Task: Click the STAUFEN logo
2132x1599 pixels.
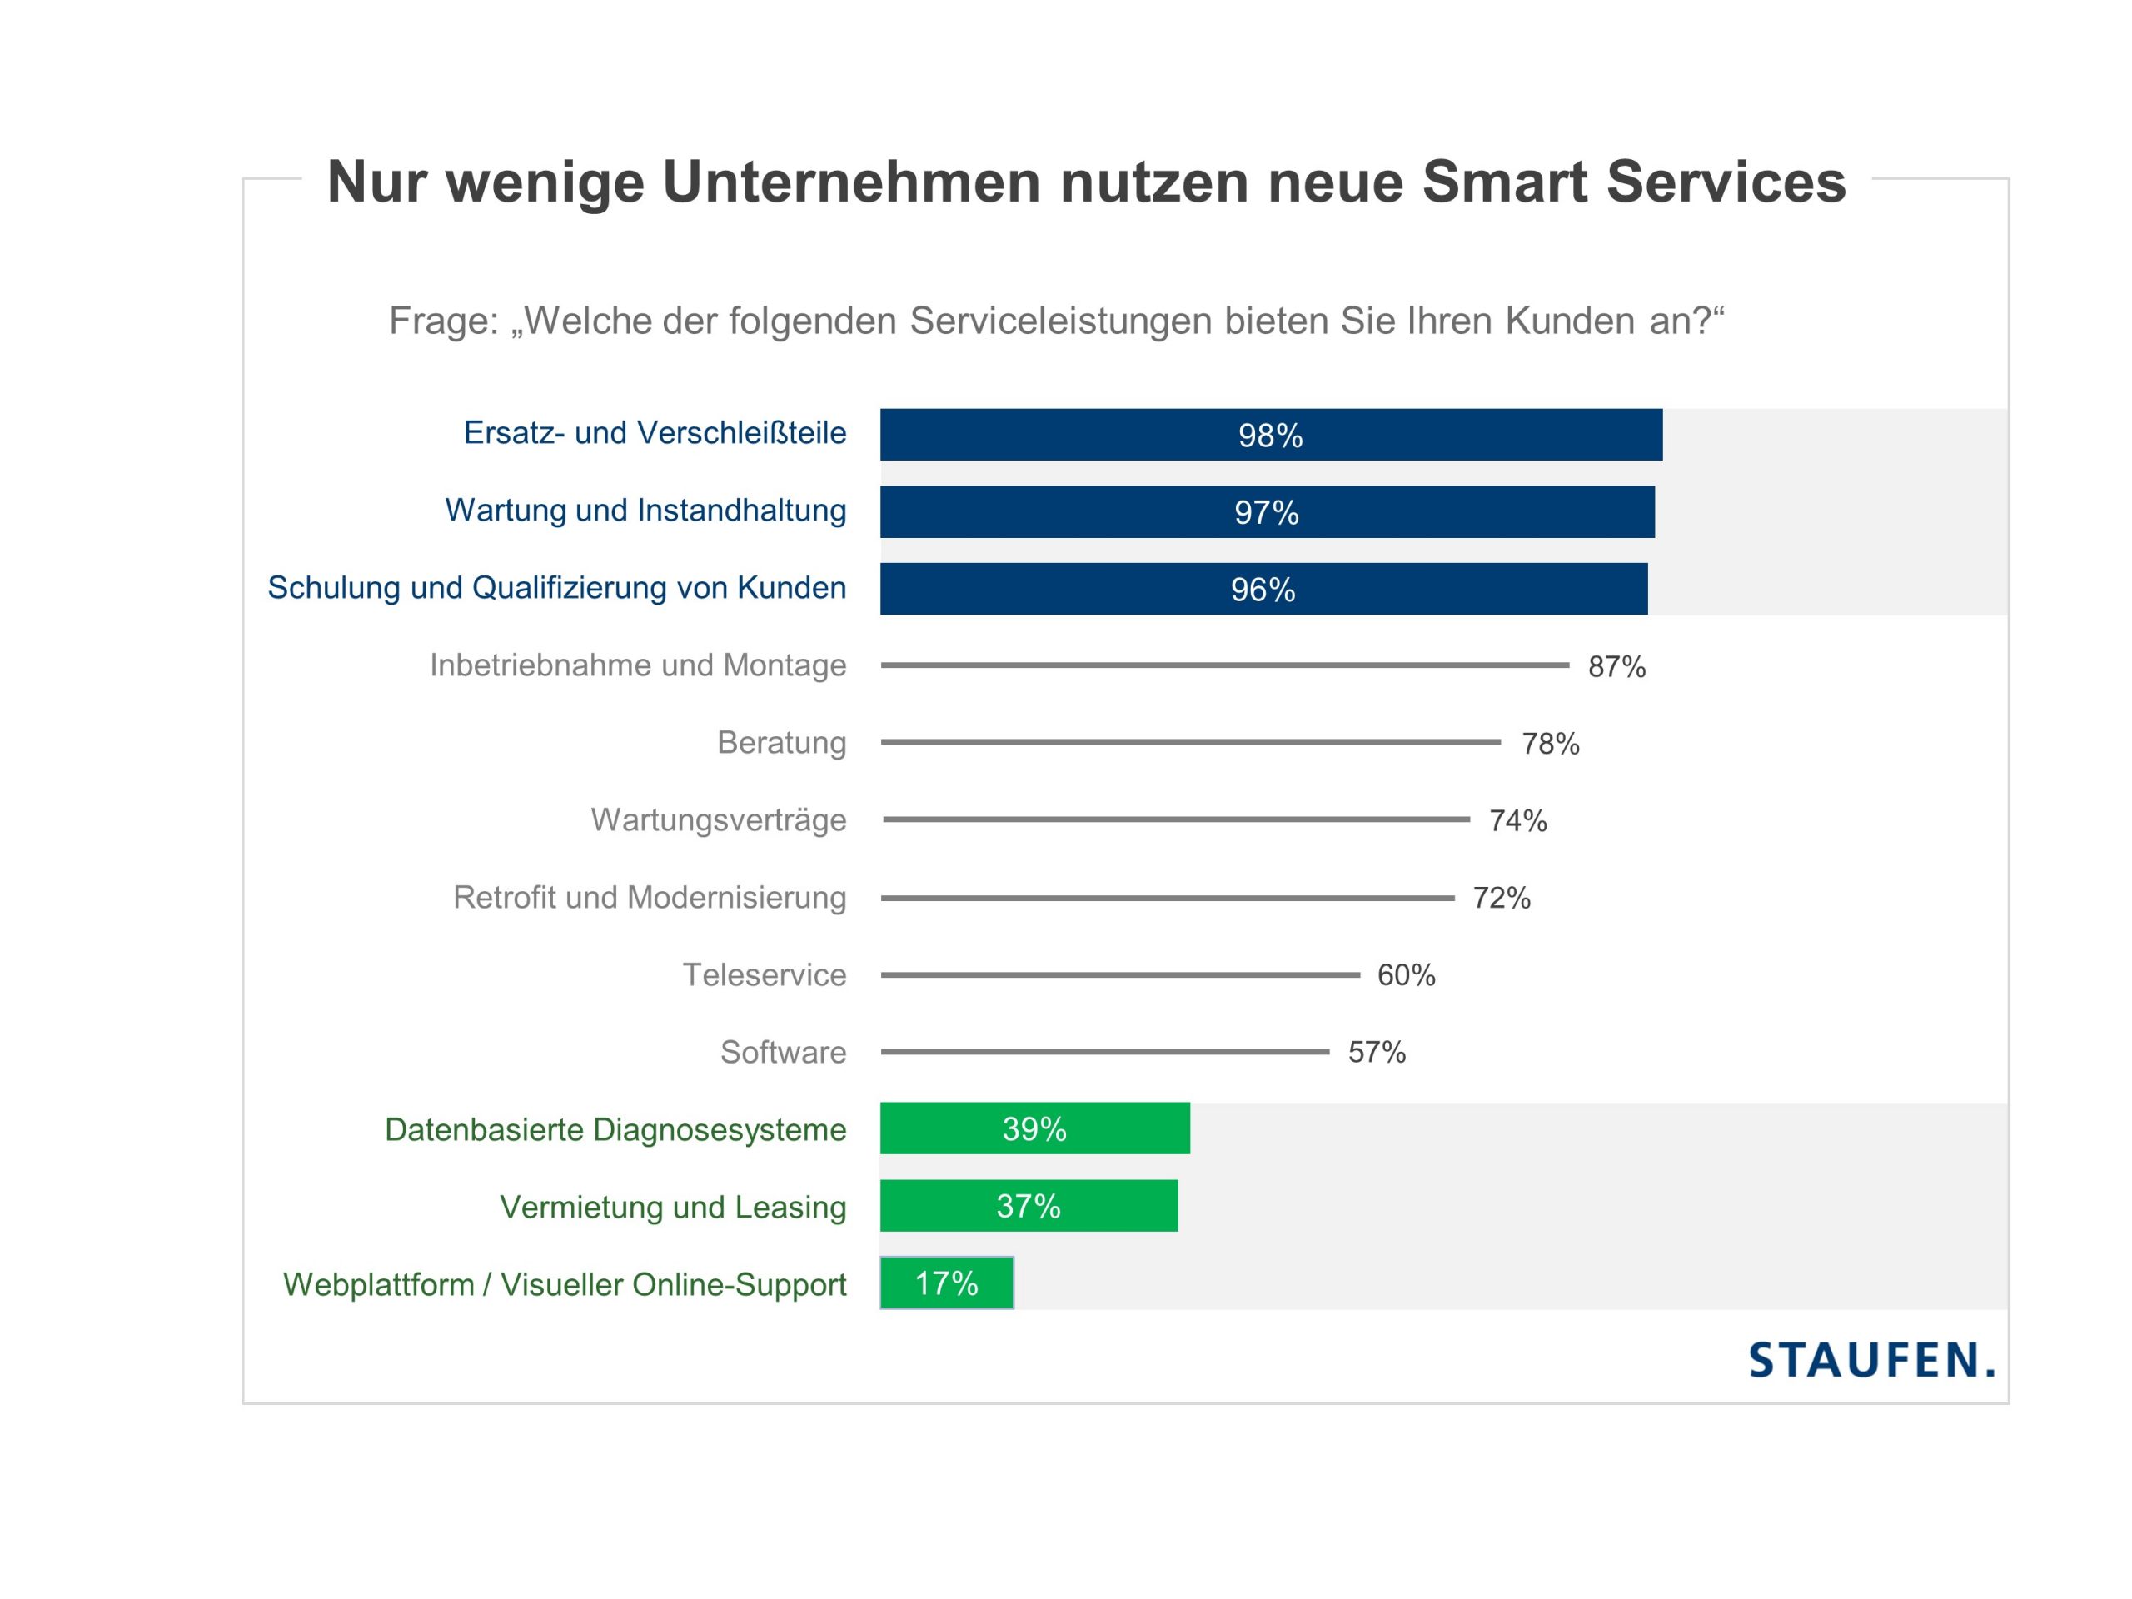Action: pos(1870,1360)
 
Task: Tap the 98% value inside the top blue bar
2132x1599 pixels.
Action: pos(1270,436)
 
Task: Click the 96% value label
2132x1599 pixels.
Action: pos(1263,590)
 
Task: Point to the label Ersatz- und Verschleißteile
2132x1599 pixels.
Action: pos(655,433)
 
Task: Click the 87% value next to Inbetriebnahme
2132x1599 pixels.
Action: pos(1616,667)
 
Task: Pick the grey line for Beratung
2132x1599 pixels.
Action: pos(1190,742)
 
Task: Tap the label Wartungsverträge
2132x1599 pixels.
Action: pos(718,820)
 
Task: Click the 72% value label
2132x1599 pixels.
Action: pos(1501,899)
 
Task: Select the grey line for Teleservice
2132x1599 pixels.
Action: pos(1120,974)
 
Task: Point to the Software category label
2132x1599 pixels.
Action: pos(783,1053)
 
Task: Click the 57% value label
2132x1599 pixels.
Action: pos(1377,1053)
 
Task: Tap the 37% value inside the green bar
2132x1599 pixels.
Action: pos(1029,1207)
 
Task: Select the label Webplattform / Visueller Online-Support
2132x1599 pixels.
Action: pos(565,1285)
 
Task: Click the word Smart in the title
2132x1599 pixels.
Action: pos(1505,182)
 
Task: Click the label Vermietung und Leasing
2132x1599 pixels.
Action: pos(673,1207)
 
